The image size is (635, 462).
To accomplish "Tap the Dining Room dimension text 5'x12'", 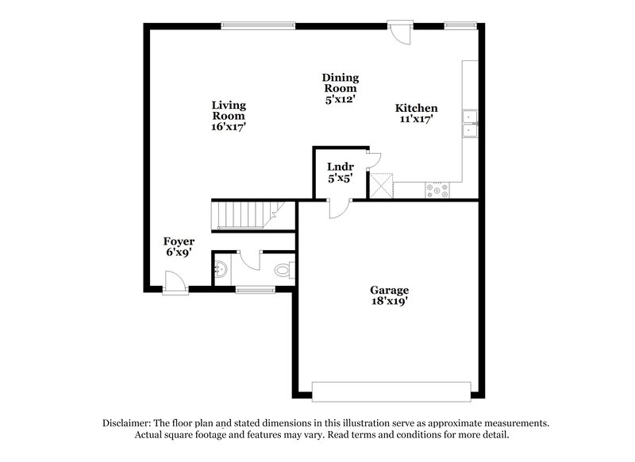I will click(x=340, y=100).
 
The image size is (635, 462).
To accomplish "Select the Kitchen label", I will click(x=417, y=108).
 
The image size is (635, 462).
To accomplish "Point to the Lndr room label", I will click(x=340, y=167).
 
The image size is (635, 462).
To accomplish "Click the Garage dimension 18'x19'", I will click(x=388, y=302).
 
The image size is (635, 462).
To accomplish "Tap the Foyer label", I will click(x=179, y=241).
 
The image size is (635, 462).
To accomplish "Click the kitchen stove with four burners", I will click(x=438, y=191).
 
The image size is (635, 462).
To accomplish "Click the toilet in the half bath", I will click(x=283, y=271).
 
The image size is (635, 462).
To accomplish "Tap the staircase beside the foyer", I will click(x=243, y=215).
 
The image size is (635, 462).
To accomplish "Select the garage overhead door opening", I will click(x=393, y=390).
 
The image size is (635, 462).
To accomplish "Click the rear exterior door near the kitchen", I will click(x=400, y=32).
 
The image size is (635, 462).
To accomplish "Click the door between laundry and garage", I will click(x=338, y=208).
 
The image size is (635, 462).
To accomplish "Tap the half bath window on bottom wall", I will click(x=255, y=290).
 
